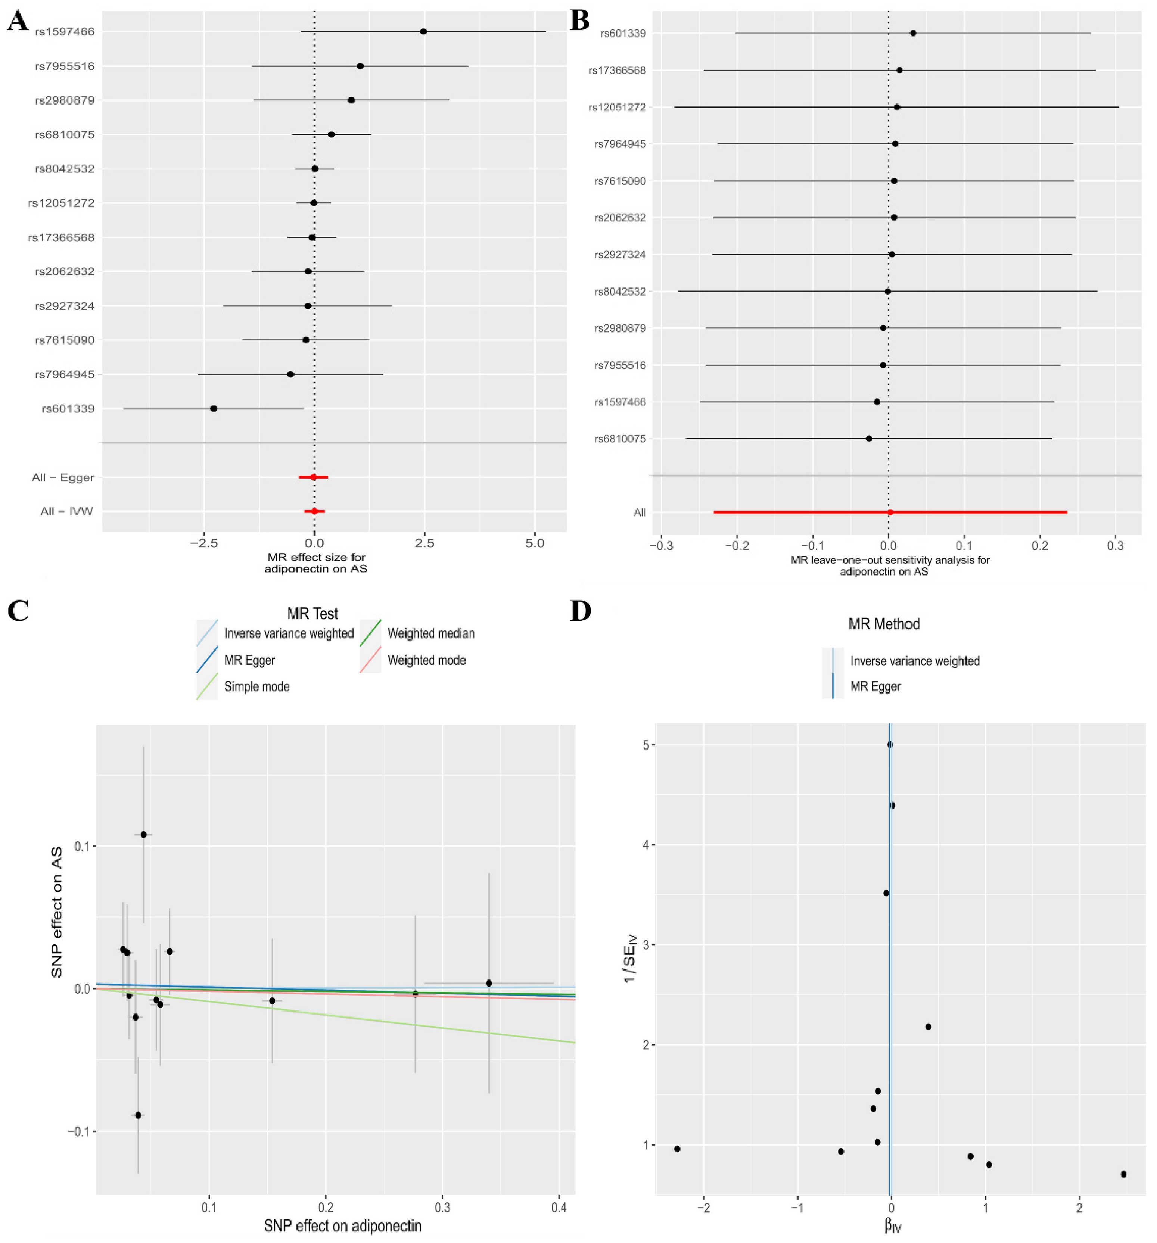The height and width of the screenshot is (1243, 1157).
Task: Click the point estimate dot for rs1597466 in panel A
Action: (x=423, y=31)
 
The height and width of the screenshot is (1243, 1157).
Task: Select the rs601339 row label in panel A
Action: (x=68, y=409)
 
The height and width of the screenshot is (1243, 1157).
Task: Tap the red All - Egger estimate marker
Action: (x=313, y=477)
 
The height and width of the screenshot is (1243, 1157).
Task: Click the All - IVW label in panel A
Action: (x=66, y=511)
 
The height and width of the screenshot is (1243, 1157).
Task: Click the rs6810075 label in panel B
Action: (x=619, y=439)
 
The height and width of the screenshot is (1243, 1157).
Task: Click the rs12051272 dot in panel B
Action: (x=897, y=107)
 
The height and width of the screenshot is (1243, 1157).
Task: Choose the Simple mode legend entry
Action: (x=256, y=686)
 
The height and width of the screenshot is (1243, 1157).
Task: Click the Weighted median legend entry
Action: (x=430, y=633)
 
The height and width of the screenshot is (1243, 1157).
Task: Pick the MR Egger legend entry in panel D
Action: (x=875, y=686)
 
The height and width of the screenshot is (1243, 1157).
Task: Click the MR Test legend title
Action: (x=313, y=613)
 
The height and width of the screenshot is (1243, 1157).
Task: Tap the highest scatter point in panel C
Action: (x=143, y=834)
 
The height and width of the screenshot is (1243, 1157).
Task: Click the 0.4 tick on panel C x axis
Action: (x=559, y=1205)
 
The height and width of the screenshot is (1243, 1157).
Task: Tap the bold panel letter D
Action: (x=581, y=611)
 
